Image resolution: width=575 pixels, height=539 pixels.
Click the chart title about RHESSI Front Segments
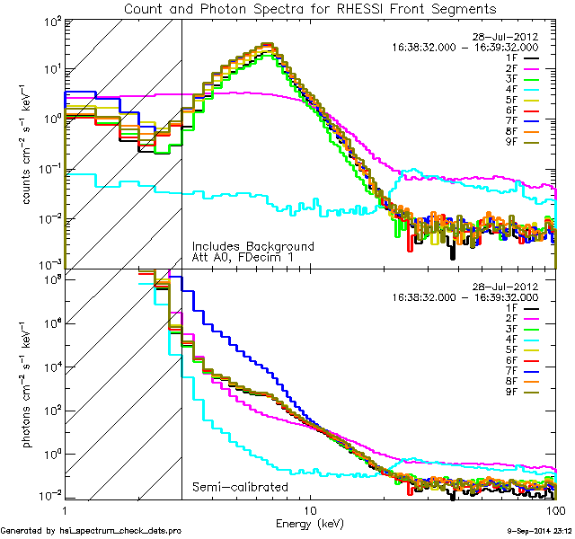click(309, 9)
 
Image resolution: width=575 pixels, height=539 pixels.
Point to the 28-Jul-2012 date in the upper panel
click(505, 37)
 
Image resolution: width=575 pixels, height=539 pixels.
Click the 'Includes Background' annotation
click(253, 246)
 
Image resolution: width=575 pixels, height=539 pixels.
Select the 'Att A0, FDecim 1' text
click(243, 258)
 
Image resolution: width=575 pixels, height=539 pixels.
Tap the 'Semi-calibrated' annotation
click(240, 487)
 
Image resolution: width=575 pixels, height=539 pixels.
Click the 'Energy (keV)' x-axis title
click(309, 523)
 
